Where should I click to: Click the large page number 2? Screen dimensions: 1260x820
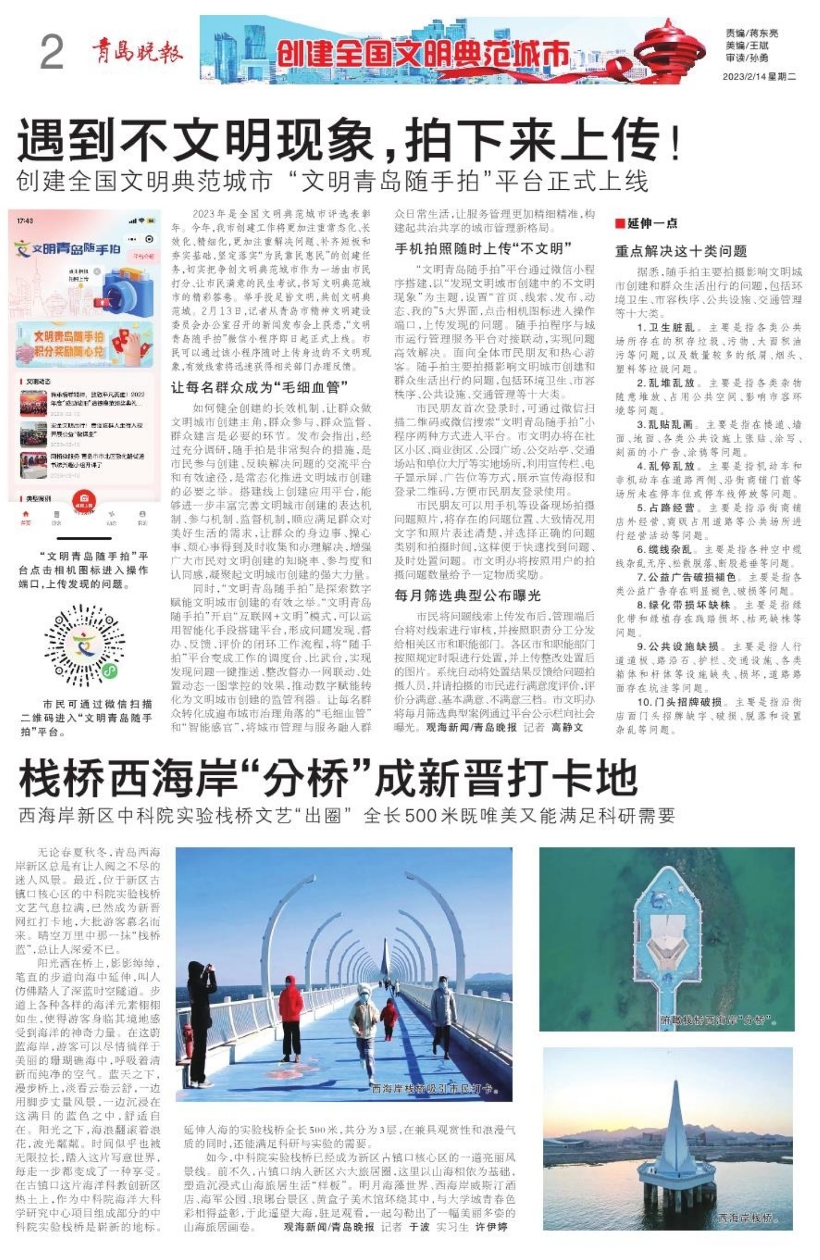click(52, 53)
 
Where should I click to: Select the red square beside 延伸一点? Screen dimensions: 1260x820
click(620, 223)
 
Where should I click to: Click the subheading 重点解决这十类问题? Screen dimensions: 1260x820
click(681, 251)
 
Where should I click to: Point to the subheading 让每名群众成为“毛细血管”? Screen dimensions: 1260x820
click(259, 388)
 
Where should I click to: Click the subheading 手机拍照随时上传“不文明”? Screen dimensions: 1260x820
click(483, 249)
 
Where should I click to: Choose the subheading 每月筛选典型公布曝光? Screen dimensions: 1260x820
click(467, 596)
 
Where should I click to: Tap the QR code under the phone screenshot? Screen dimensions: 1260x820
click(84, 645)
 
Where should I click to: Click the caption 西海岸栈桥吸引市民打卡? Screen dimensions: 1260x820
click(435, 1088)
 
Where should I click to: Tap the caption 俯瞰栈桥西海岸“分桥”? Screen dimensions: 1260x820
click(719, 1020)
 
